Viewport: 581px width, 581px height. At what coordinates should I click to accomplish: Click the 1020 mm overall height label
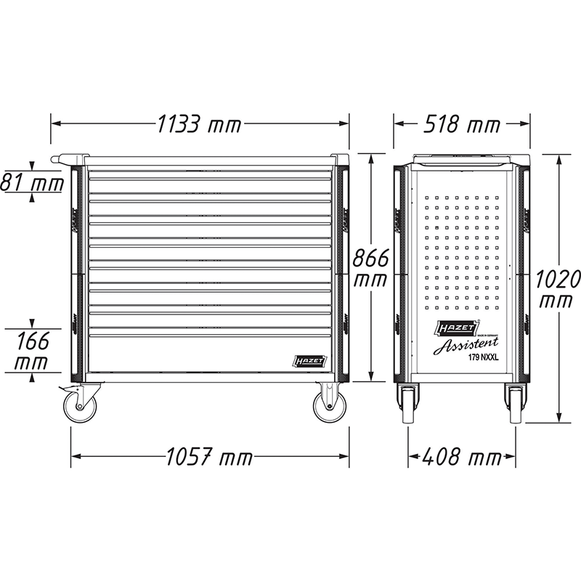[558, 288]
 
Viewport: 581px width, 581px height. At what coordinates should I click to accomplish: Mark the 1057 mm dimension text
[209, 458]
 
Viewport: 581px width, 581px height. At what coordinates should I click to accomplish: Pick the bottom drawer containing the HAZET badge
[211, 356]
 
